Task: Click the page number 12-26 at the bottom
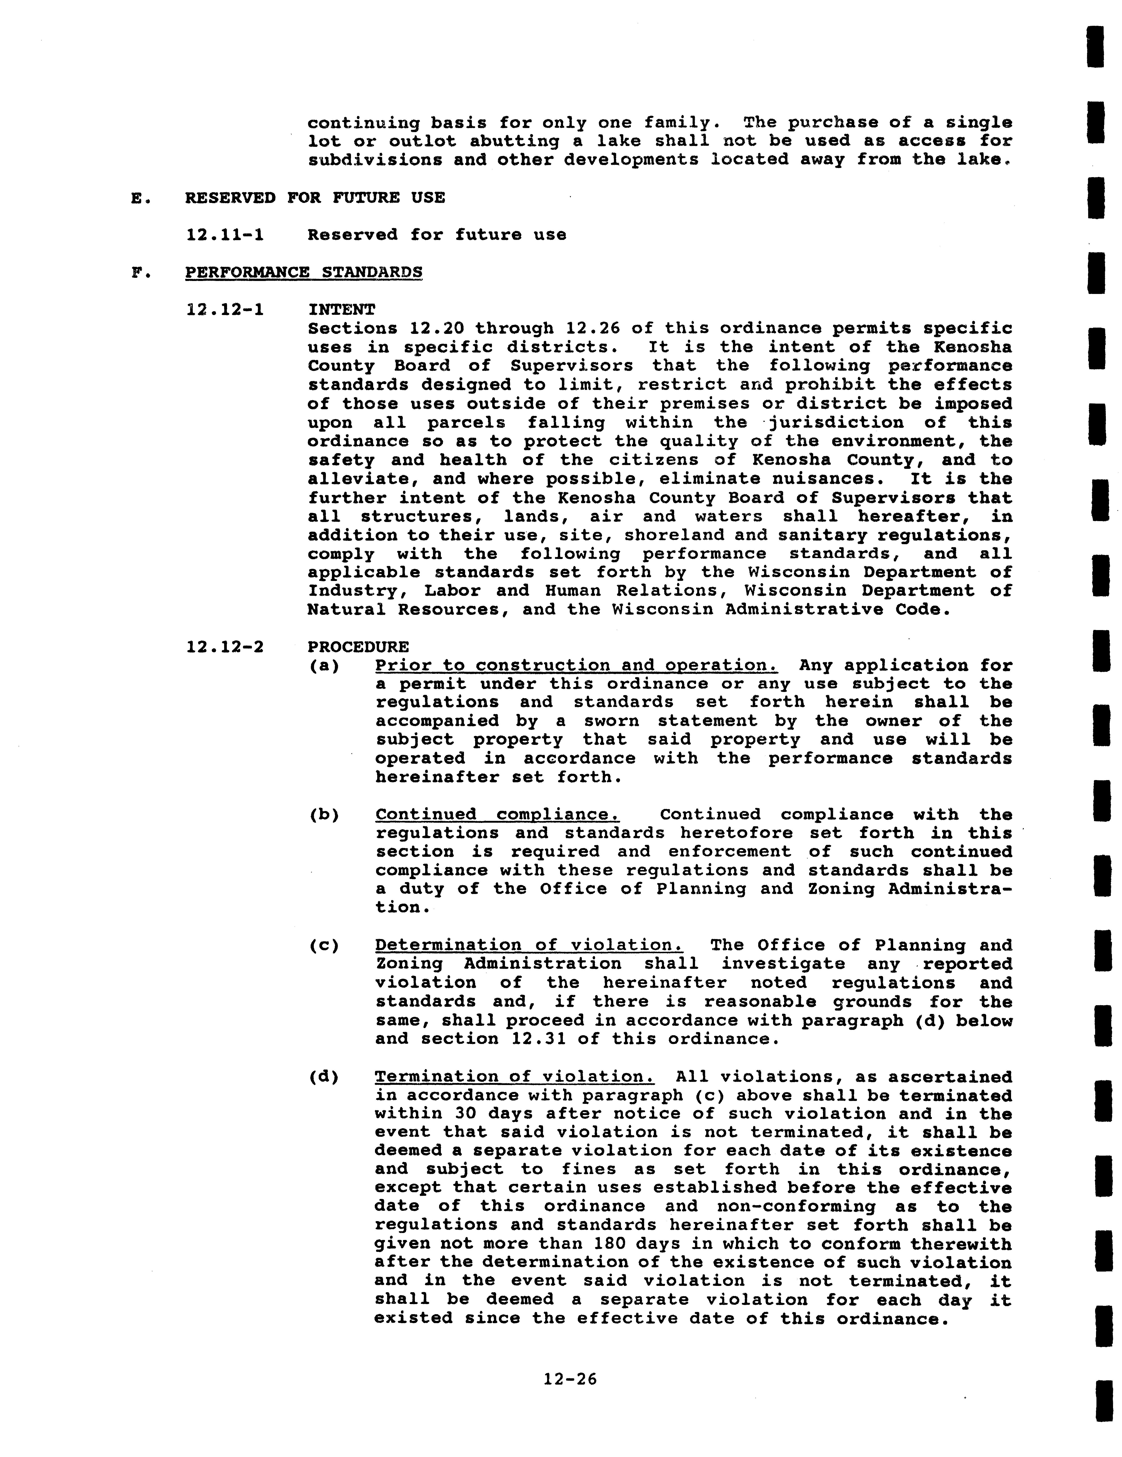click(570, 1379)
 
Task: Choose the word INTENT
click(341, 310)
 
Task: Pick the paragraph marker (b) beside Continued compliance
click(324, 815)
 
